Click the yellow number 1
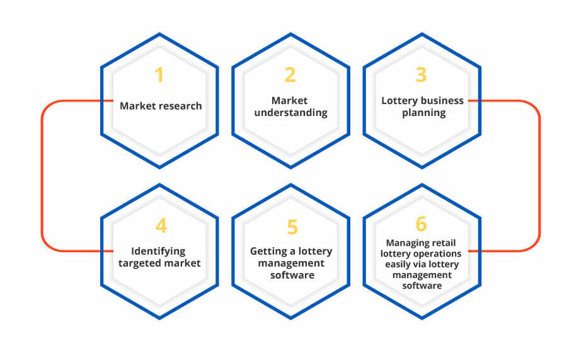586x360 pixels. click(159, 75)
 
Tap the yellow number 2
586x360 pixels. click(290, 75)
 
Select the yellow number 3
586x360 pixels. click(421, 75)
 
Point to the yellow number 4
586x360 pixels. click(161, 226)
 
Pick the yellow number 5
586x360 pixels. click(292, 227)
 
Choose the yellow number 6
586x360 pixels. click(421, 224)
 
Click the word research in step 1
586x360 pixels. click(178, 106)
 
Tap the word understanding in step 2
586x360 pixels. click(290, 112)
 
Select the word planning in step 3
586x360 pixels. click(424, 113)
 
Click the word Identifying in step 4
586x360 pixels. click(158, 251)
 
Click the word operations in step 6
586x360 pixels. click(440, 254)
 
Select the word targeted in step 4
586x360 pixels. click(139, 264)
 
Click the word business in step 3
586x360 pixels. click(442, 101)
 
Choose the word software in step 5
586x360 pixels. click(292, 275)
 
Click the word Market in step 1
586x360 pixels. click(135, 106)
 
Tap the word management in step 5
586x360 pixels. click(291, 264)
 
